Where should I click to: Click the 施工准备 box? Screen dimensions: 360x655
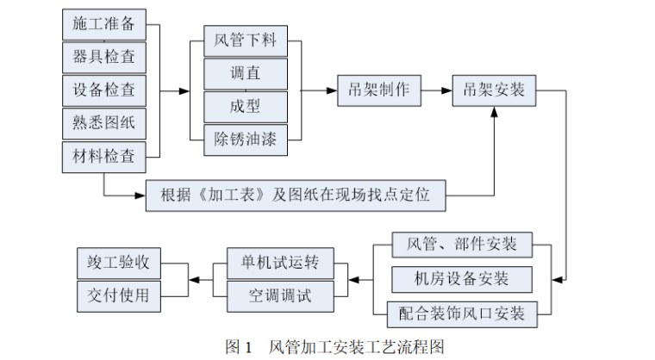[x=104, y=24]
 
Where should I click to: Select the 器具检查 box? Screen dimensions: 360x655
[x=104, y=57]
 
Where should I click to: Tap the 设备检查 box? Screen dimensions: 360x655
[x=104, y=90]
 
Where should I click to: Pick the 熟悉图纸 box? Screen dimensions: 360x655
[x=104, y=123]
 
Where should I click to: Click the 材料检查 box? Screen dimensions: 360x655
[x=104, y=156]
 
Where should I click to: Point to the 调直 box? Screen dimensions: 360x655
[x=246, y=73]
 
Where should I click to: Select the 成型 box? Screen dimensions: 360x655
[x=246, y=106]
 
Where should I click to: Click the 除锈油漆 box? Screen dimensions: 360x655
[x=246, y=139]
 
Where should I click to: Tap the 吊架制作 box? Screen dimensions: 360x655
[x=378, y=90]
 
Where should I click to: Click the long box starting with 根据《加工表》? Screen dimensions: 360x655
[x=296, y=196]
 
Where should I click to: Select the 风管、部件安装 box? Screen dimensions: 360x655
[x=462, y=244]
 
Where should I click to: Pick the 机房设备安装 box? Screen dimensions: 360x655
[x=462, y=278]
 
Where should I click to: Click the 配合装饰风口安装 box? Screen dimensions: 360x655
[x=462, y=312]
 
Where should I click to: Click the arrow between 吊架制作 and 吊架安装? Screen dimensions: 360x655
[x=436, y=90]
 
